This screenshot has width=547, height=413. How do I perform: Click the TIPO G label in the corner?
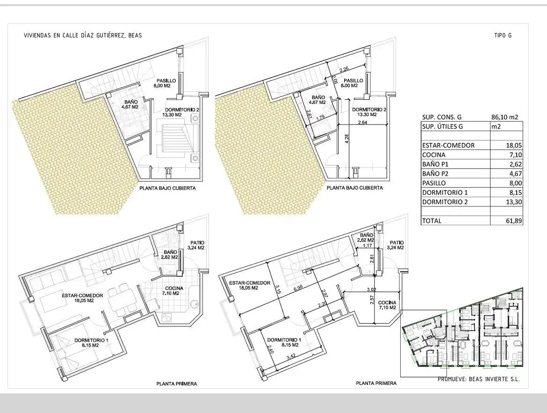click(503, 35)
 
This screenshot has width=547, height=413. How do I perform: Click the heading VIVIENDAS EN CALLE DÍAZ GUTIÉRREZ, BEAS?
click(83, 35)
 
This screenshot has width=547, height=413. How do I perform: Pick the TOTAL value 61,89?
click(515, 221)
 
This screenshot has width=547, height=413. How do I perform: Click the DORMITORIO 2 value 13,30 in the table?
click(515, 202)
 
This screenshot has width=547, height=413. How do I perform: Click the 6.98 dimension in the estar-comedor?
click(298, 288)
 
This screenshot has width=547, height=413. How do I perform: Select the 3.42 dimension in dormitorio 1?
click(291, 357)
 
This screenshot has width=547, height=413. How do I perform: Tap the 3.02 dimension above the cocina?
click(372, 289)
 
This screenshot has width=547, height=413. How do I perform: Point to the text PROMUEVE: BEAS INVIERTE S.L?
click(479, 379)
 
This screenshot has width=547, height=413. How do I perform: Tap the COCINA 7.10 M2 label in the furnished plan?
click(171, 291)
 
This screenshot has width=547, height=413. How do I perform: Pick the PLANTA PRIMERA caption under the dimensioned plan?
click(376, 383)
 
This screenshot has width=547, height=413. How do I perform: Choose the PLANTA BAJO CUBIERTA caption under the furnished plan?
click(167, 188)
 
